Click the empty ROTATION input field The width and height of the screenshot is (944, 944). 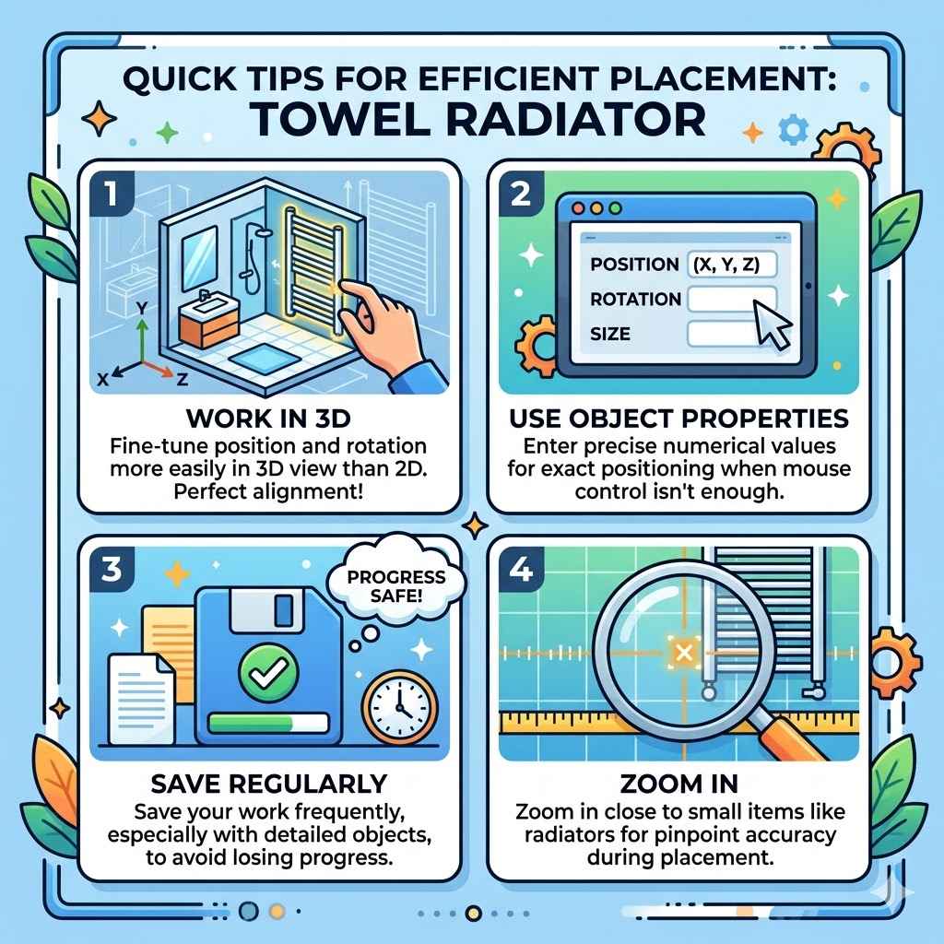[731, 299]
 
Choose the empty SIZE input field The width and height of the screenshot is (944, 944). [731, 333]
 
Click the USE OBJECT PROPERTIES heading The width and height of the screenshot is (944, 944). [678, 418]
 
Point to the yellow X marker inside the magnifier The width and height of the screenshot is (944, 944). [683, 653]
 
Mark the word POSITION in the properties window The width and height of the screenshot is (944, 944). [634, 265]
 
